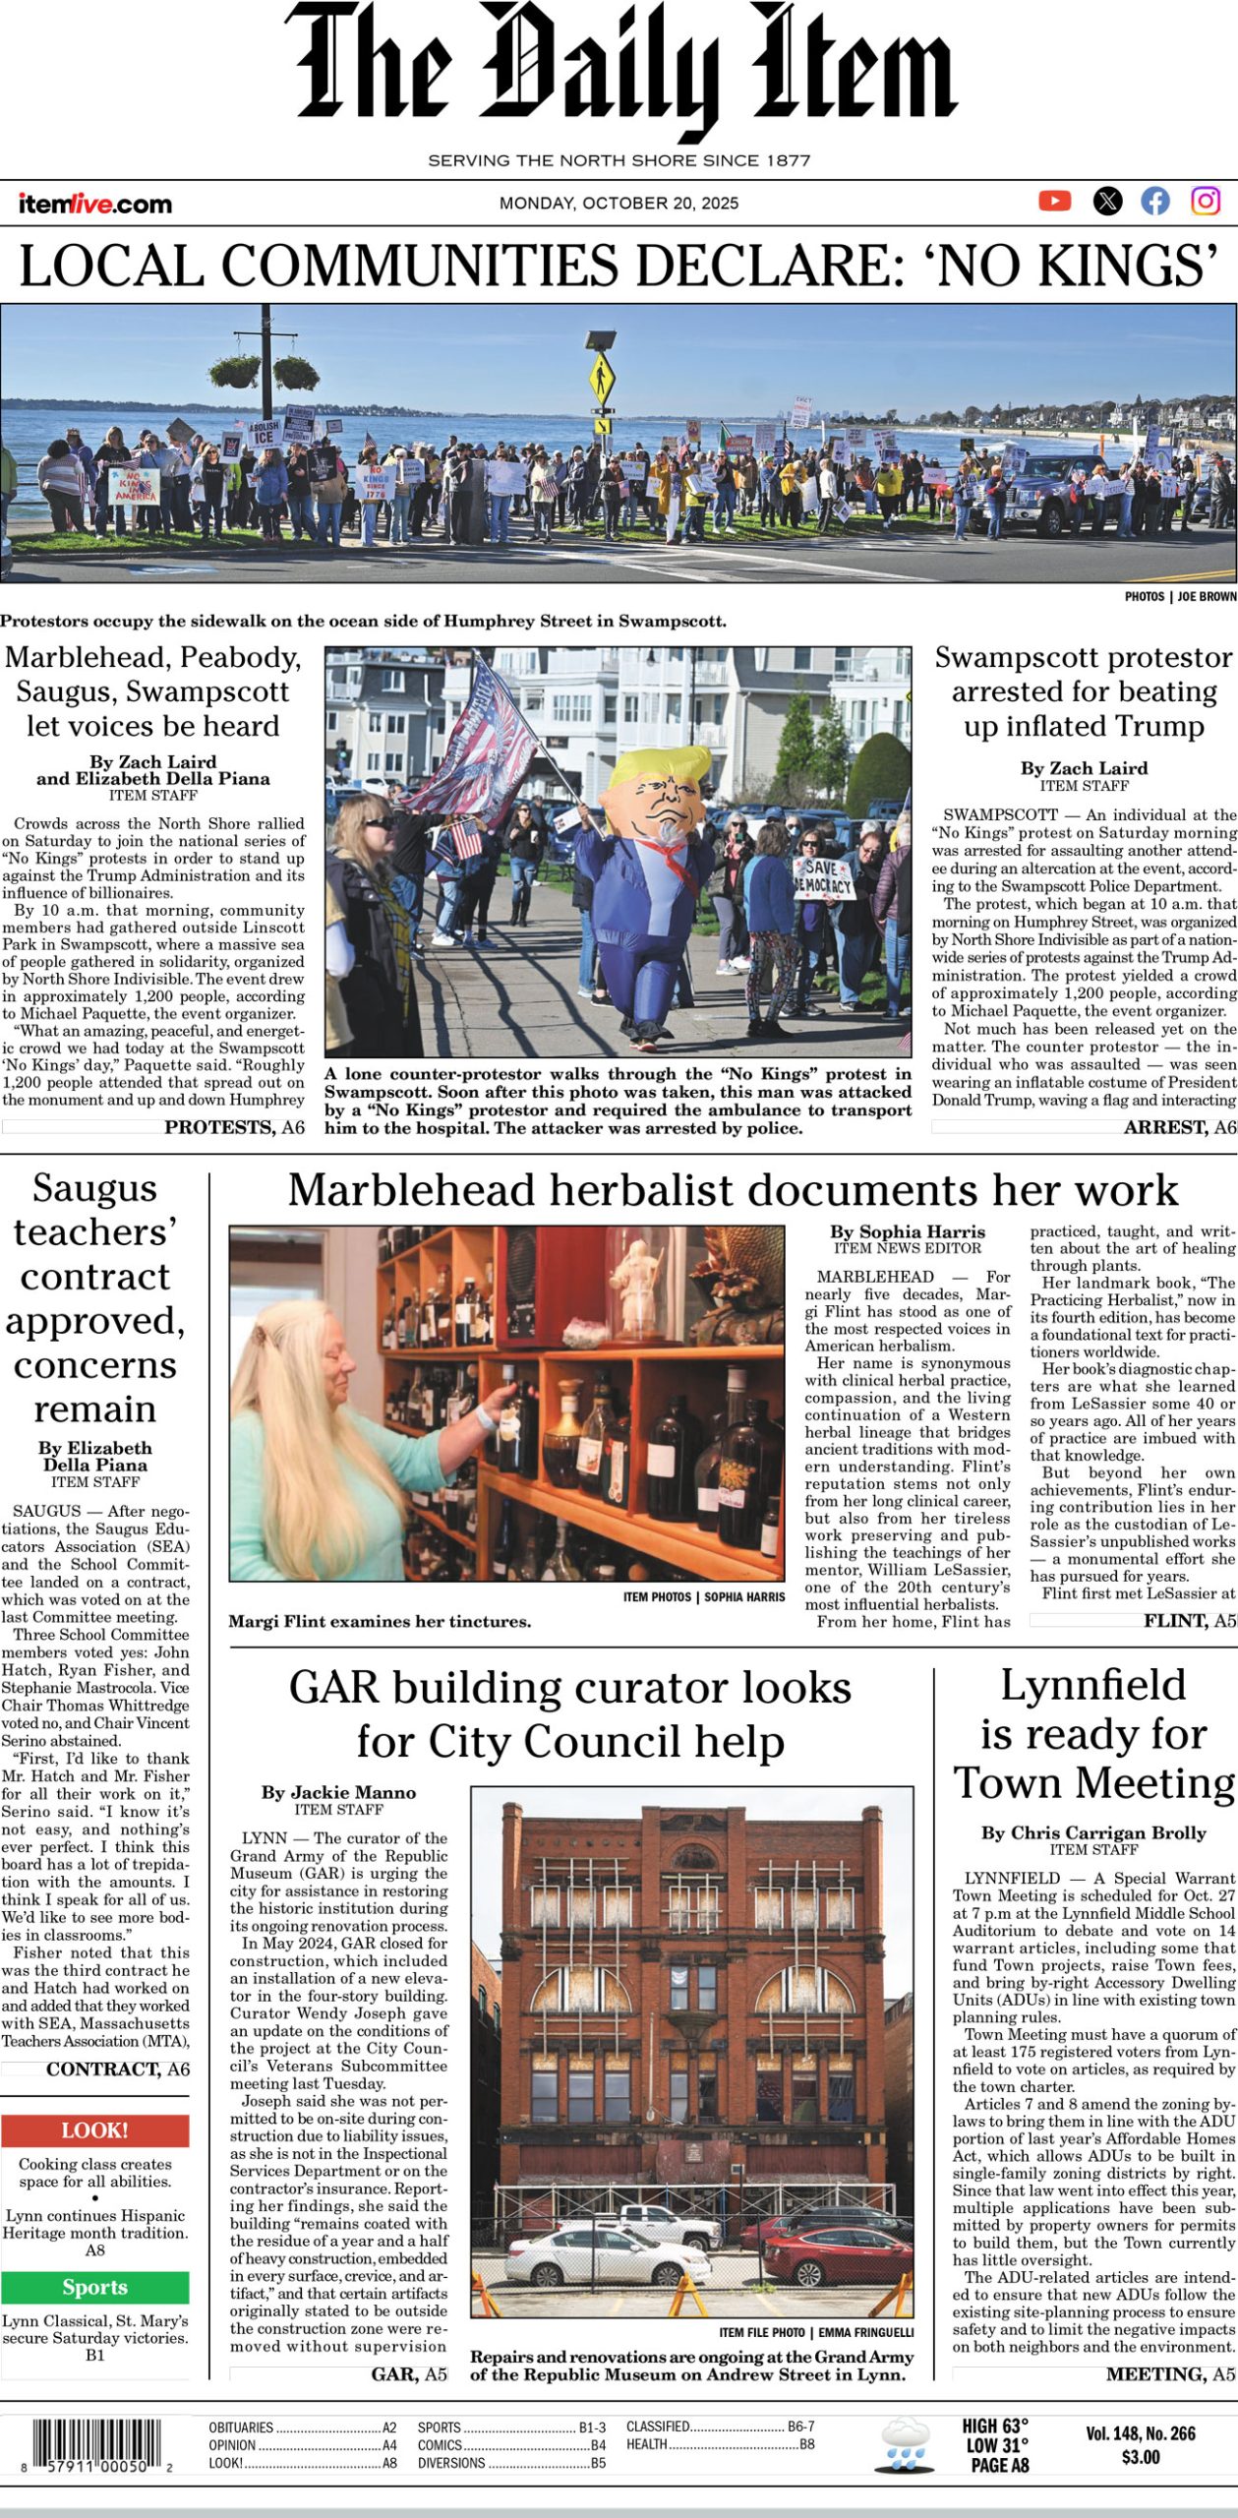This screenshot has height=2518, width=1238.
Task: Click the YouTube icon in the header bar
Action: tap(1054, 201)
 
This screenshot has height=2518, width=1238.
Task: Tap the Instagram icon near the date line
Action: tap(1206, 201)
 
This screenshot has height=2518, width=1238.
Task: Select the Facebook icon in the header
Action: tap(1155, 202)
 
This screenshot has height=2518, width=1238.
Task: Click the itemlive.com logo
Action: tap(94, 204)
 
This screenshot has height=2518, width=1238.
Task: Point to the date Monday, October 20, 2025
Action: tap(619, 204)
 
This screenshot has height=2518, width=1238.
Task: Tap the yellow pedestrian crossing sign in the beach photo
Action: tap(599, 374)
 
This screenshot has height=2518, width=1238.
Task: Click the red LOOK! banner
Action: tap(95, 2130)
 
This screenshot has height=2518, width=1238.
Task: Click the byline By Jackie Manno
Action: tap(338, 1792)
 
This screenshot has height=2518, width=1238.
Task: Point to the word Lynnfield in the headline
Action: tap(1092, 1685)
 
